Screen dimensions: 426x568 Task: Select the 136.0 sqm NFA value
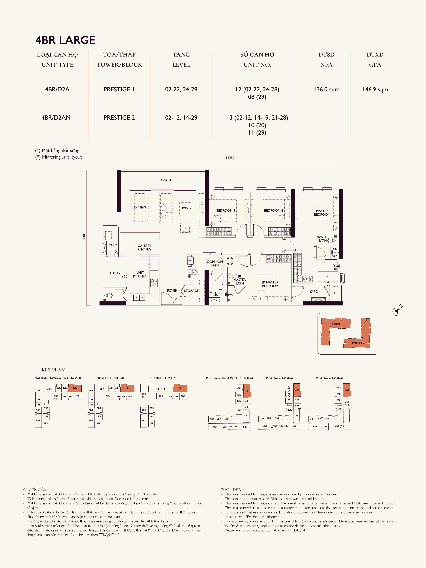click(x=326, y=89)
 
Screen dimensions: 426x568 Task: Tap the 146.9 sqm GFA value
click(x=375, y=89)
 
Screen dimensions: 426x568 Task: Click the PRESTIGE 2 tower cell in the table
click(x=119, y=118)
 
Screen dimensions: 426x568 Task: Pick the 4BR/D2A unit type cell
click(x=57, y=89)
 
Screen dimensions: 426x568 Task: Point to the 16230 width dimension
click(x=230, y=158)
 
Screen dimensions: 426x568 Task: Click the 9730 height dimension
click(x=84, y=238)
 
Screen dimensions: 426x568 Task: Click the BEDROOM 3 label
click(x=225, y=210)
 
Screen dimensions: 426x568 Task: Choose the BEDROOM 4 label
click(x=273, y=210)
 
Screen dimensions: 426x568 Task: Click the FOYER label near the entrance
click(x=172, y=290)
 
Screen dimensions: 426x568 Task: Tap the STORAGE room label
click(x=191, y=291)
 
